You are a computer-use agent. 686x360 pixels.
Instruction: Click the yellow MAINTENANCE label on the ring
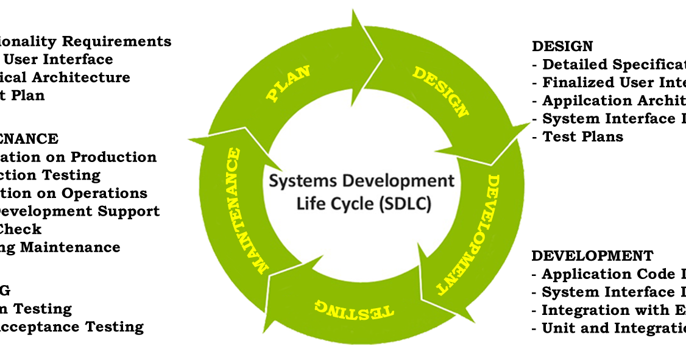click(246, 210)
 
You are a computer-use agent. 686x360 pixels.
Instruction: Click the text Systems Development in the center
click(362, 181)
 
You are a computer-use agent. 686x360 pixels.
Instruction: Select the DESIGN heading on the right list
click(562, 46)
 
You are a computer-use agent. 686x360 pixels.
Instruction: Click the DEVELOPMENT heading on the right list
click(592, 256)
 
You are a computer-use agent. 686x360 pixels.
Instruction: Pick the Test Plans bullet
click(582, 136)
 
